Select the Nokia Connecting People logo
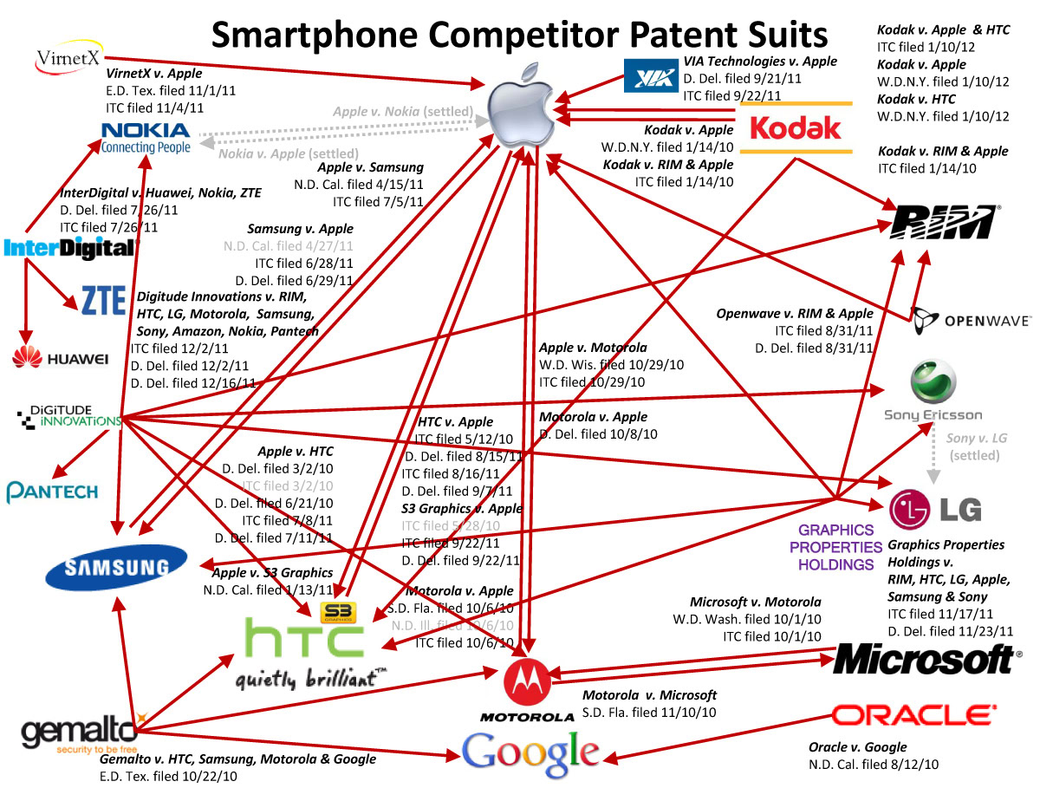coord(146,137)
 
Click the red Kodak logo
coord(796,127)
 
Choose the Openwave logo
coord(971,320)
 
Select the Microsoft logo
coord(926,660)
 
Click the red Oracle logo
coord(913,715)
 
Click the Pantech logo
coord(53,492)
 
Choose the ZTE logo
coord(103,299)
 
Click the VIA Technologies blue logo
coord(649,76)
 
